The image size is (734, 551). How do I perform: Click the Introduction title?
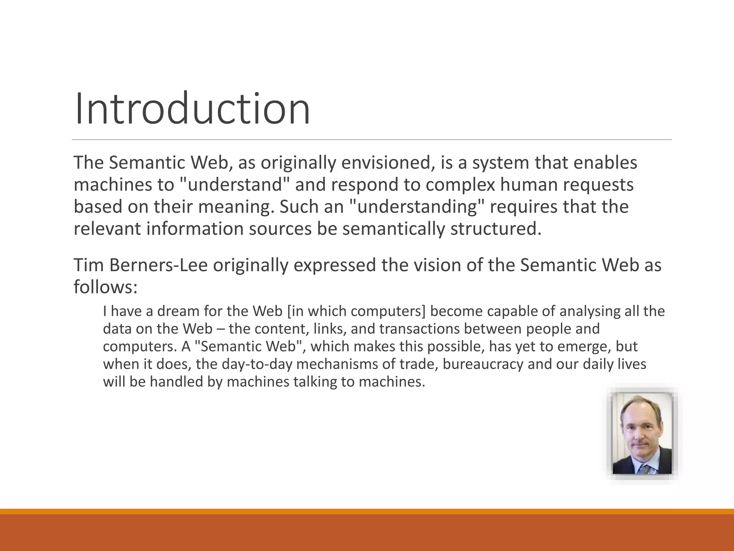tap(192, 108)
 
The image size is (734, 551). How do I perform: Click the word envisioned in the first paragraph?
tap(386, 163)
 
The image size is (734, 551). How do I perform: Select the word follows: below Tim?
tap(106, 287)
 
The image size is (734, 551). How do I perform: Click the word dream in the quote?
tap(178, 311)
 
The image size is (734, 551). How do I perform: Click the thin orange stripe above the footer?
tap(367, 511)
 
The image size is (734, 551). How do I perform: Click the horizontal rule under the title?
tap(371, 140)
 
